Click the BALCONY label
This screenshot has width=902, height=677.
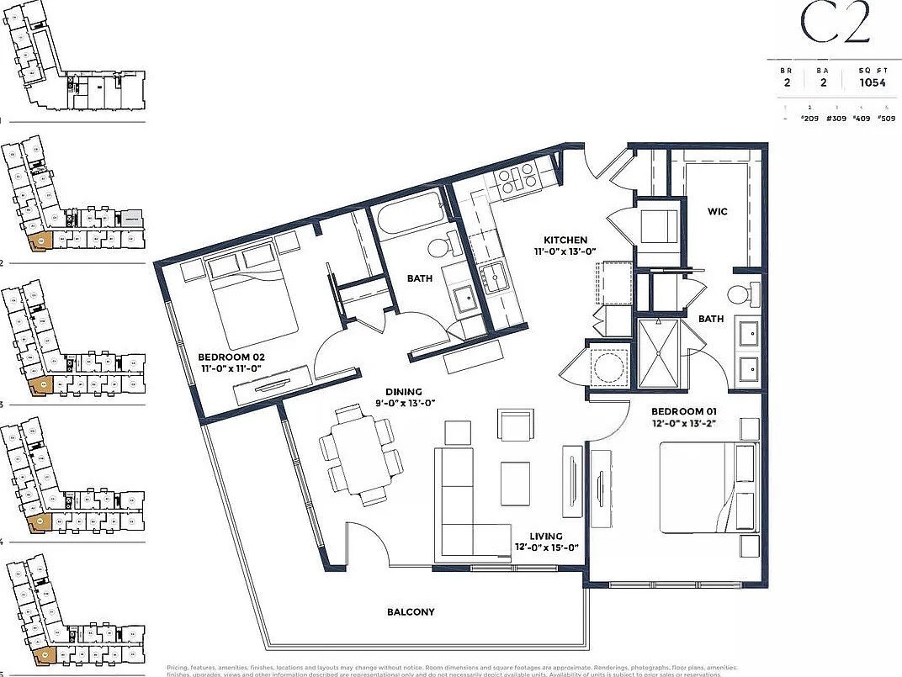click(411, 612)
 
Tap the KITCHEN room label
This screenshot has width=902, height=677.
click(565, 240)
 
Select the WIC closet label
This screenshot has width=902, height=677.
click(717, 211)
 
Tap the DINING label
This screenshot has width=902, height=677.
click(405, 391)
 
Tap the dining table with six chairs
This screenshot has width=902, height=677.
click(361, 454)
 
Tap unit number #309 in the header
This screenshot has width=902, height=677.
click(836, 119)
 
